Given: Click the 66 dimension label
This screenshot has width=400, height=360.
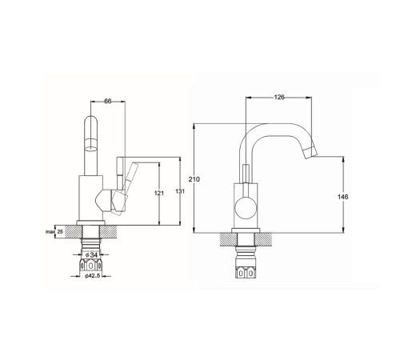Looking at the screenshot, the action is pyautogui.click(x=108, y=101).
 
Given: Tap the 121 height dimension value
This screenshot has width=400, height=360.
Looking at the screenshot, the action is pyautogui.click(x=159, y=193).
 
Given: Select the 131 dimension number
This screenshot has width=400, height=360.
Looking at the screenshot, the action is pyautogui.click(x=180, y=191).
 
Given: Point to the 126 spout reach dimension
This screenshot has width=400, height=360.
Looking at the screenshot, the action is pyautogui.click(x=279, y=97).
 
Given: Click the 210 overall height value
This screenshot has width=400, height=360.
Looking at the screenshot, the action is pyautogui.click(x=194, y=179).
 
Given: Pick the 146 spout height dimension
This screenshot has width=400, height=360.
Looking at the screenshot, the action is pyautogui.click(x=342, y=197).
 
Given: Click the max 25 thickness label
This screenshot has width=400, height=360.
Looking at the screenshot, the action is pyautogui.click(x=54, y=232).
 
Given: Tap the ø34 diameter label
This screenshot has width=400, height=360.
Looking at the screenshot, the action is pyautogui.click(x=91, y=254).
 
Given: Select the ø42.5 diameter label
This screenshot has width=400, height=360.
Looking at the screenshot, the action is pyautogui.click(x=92, y=276).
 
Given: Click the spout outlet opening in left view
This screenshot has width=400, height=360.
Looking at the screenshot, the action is pyautogui.click(x=91, y=148).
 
